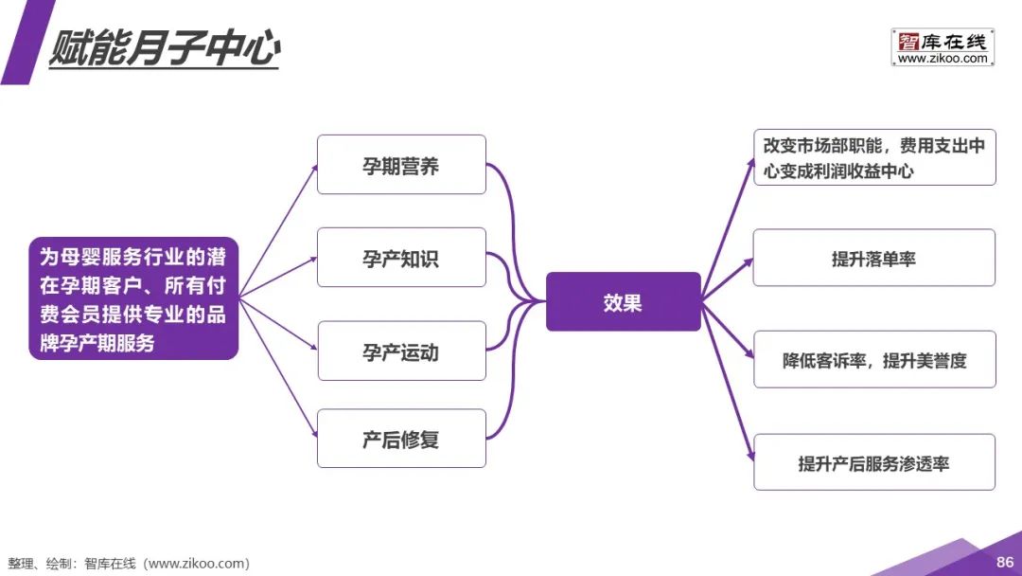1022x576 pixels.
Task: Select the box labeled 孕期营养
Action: [x=401, y=165]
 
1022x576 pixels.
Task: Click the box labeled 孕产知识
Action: [x=401, y=258]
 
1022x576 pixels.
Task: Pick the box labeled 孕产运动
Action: [x=401, y=351]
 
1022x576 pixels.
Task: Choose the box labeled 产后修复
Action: [x=401, y=439]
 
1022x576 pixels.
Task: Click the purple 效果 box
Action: [x=623, y=302]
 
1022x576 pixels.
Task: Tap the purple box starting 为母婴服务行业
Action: [x=132, y=298]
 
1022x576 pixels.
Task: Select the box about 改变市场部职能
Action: [x=874, y=157]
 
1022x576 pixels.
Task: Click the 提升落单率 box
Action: [x=874, y=258]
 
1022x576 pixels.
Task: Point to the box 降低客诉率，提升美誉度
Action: [x=874, y=359]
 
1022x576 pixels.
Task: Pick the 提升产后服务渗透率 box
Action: [x=874, y=462]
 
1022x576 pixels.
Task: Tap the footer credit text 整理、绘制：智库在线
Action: [x=129, y=564]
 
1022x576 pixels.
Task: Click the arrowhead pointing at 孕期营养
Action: [x=313, y=167]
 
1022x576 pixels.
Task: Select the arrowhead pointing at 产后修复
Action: [x=313, y=437]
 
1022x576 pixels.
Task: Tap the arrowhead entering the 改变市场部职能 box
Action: [x=749, y=162]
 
